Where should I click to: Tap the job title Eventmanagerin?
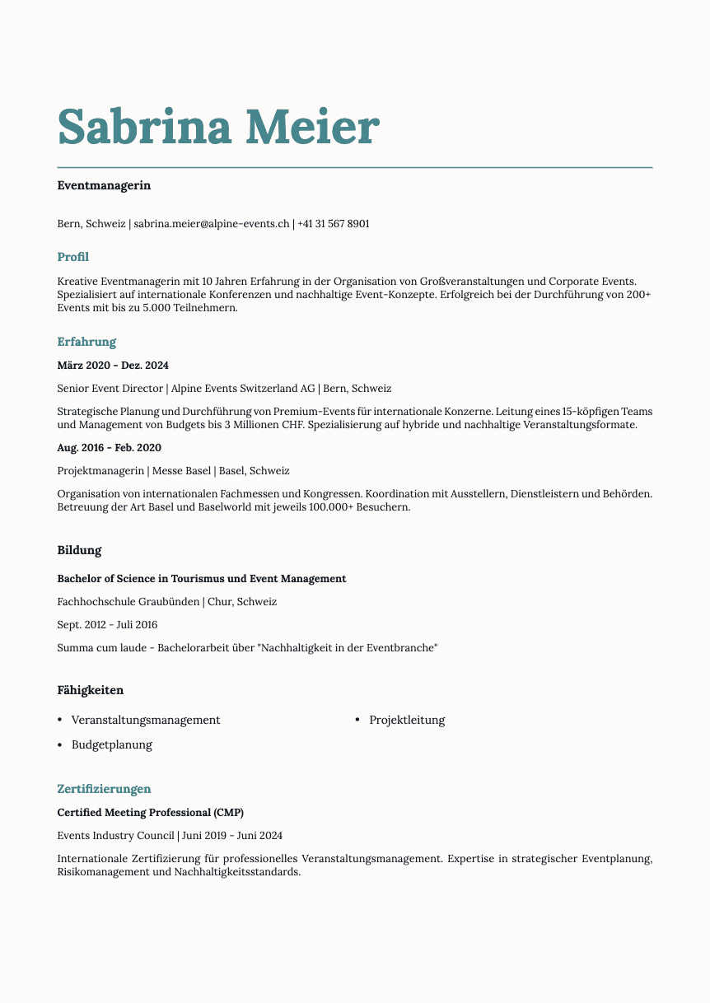point(104,185)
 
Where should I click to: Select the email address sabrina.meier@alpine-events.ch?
point(212,224)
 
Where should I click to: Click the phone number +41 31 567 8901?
point(334,224)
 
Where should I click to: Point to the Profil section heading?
point(72,257)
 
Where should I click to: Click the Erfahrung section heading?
point(86,342)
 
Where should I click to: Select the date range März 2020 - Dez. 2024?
point(113,366)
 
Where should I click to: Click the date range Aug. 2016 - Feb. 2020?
point(109,448)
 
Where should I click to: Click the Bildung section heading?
point(79,550)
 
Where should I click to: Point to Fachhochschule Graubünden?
point(128,602)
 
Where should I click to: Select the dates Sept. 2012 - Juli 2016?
point(107,625)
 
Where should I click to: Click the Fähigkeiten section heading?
point(91,690)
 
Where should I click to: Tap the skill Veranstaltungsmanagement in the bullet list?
point(146,720)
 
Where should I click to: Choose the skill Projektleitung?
point(407,720)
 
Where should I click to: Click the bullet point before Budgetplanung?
point(60,745)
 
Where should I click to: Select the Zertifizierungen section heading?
point(104,789)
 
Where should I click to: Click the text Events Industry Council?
point(115,836)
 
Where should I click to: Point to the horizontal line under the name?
point(354,167)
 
